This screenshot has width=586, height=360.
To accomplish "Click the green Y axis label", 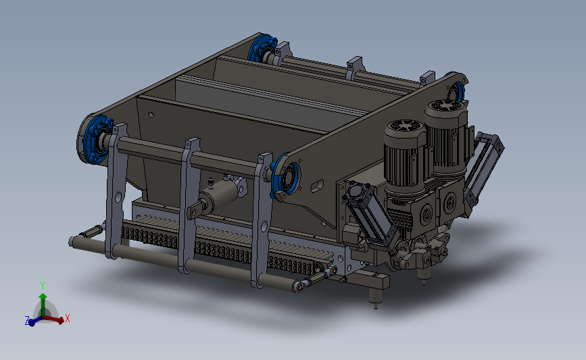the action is tap(43, 286).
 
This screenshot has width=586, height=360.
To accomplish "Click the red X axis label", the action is tap(68, 318).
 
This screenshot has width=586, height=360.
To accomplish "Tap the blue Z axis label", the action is tap(27, 320).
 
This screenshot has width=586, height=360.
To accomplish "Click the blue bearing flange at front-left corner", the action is tap(96, 139).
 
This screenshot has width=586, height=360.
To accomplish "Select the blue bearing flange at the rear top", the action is tap(262, 47).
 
